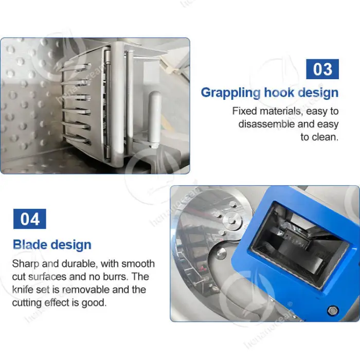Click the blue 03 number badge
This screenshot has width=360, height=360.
(x=322, y=69)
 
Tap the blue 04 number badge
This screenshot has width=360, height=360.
(x=30, y=219)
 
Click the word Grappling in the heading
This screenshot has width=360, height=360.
(x=231, y=93)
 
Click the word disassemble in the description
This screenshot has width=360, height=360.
(x=266, y=124)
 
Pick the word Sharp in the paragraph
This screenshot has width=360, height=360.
(x=26, y=264)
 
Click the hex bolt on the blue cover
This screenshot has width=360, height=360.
(x=332, y=311)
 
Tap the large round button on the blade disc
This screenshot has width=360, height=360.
(x=221, y=253)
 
